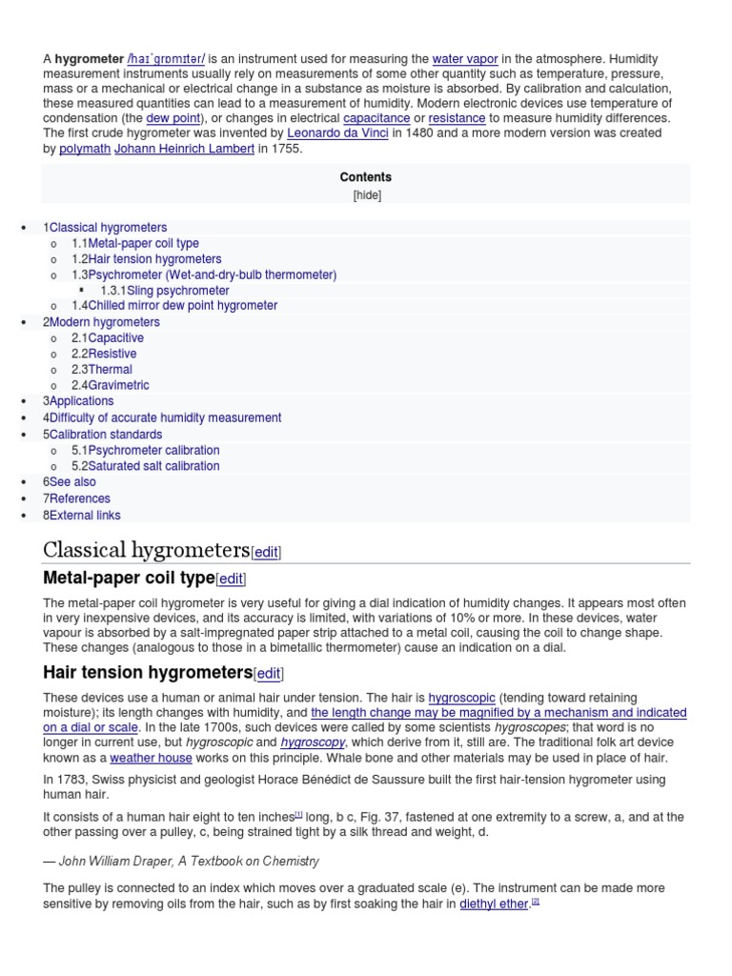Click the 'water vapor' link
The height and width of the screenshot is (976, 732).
[x=465, y=59]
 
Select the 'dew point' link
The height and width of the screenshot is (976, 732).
[x=173, y=118]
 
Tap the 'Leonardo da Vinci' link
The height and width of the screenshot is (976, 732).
[x=337, y=133]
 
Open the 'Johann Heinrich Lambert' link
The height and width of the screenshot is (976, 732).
[x=184, y=149]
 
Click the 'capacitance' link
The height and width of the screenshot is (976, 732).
[x=376, y=118]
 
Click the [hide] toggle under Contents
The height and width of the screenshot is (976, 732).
[x=366, y=195]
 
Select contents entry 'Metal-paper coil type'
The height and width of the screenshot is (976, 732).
[x=143, y=243]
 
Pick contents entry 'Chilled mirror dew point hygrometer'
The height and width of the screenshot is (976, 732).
[x=182, y=306]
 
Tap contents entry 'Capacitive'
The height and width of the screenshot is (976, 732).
[x=115, y=338]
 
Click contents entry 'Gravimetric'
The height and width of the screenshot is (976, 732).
[x=118, y=385]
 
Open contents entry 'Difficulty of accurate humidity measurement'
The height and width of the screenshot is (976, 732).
[x=165, y=417]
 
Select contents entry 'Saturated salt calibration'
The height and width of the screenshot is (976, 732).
[x=153, y=466]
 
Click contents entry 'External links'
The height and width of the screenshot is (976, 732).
[x=85, y=515]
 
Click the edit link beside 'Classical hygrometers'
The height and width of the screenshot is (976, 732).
[x=266, y=553]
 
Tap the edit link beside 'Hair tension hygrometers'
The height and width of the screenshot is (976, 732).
[x=269, y=674]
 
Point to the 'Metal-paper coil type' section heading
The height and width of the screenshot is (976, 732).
[x=129, y=579]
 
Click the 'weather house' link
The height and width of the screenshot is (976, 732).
[x=151, y=759]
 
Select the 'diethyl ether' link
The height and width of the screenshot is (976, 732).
[x=494, y=904]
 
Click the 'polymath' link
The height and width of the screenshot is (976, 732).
[x=84, y=149]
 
